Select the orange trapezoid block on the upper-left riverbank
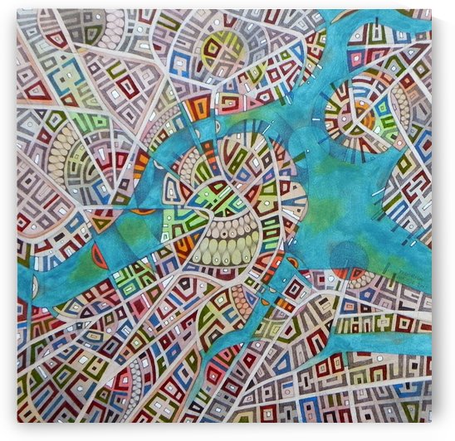click(x=197, y=108)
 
